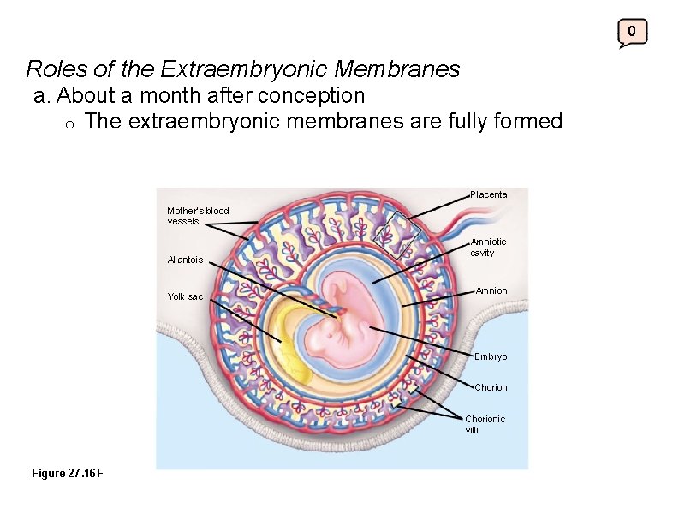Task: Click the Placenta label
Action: [488, 194]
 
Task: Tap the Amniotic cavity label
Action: [488, 248]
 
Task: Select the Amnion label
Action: [491, 291]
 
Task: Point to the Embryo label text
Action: [491, 356]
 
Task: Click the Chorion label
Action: [491, 387]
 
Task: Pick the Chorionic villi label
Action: [485, 424]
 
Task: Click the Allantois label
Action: [185, 260]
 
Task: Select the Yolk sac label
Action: [185, 296]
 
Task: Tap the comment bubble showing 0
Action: [632, 33]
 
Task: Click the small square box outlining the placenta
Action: [396, 232]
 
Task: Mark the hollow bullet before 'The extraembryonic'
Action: [71, 123]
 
